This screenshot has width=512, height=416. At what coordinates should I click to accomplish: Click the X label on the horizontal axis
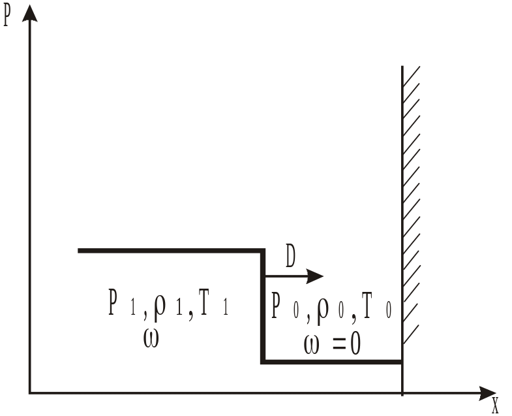pos(495,406)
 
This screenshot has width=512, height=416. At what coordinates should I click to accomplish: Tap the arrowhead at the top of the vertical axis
pos(29,12)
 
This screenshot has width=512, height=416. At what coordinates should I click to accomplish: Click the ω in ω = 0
pos(312,344)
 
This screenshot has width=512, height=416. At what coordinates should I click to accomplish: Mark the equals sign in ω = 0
pos(338,345)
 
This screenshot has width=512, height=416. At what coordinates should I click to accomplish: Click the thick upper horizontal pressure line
pos(170,250)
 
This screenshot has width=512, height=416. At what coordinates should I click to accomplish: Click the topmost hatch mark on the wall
pos(412,73)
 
